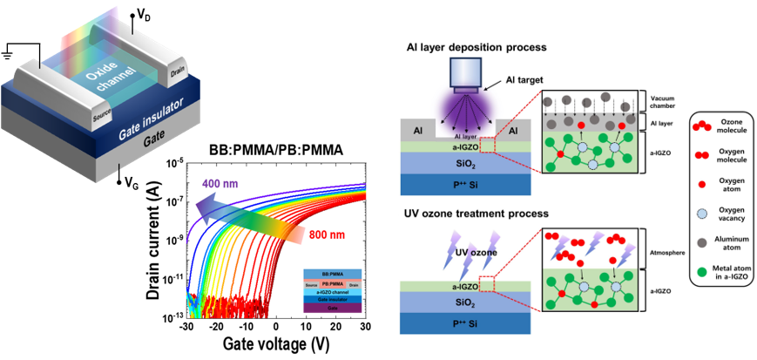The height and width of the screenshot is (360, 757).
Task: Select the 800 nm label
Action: tap(326, 234)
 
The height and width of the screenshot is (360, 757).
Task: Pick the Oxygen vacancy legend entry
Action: tap(728, 214)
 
